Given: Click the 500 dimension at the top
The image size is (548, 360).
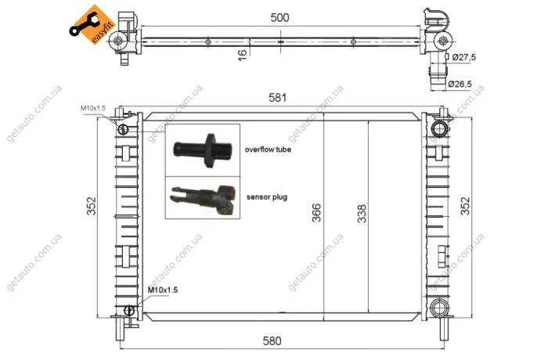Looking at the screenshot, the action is coord(279,17).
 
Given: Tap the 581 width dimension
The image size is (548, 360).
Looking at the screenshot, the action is coord(277,98).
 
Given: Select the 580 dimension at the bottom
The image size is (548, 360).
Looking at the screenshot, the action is coord(272,340).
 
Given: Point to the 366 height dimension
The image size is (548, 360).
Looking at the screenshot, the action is coord(316,212).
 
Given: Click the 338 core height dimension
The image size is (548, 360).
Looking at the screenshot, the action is coord(362,213).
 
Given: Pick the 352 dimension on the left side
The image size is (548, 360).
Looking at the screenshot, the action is coord(92,206).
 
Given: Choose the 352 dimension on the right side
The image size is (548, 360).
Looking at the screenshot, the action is coord(466,206).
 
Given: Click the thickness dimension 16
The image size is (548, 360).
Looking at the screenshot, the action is coord(242,55).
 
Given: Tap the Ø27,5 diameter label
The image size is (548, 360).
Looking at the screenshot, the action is coord(463,57).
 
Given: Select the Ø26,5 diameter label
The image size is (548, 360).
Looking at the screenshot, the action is coord(460,84).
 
